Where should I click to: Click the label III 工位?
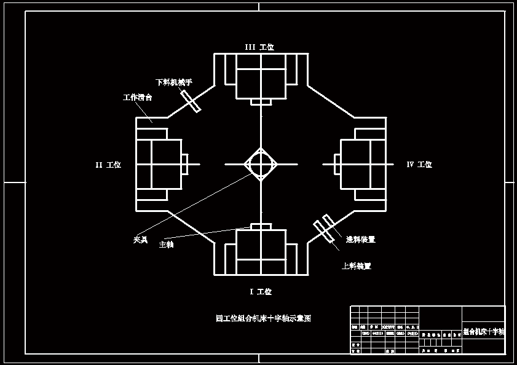click(259, 47)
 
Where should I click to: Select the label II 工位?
click(108, 165)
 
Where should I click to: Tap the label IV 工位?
click(419, 165)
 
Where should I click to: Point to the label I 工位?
click(260, 292)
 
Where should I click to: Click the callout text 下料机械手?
click(174, 82)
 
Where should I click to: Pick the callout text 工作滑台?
click(138, 97)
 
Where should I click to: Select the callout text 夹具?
click(141, 240)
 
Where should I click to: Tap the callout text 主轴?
click(166, 245)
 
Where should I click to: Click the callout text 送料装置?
click(360, 240)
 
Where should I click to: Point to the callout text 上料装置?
click(357, 266)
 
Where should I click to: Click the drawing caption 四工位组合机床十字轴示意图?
click(263, 318)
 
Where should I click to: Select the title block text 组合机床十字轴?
click(483, 331)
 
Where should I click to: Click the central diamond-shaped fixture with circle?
click(261, 164)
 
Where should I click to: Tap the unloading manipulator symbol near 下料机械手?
click(190, 101)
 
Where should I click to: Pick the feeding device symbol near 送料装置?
click(323, 227)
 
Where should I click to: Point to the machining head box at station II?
click(159, 164)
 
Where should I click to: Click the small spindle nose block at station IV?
click(337, 164)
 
